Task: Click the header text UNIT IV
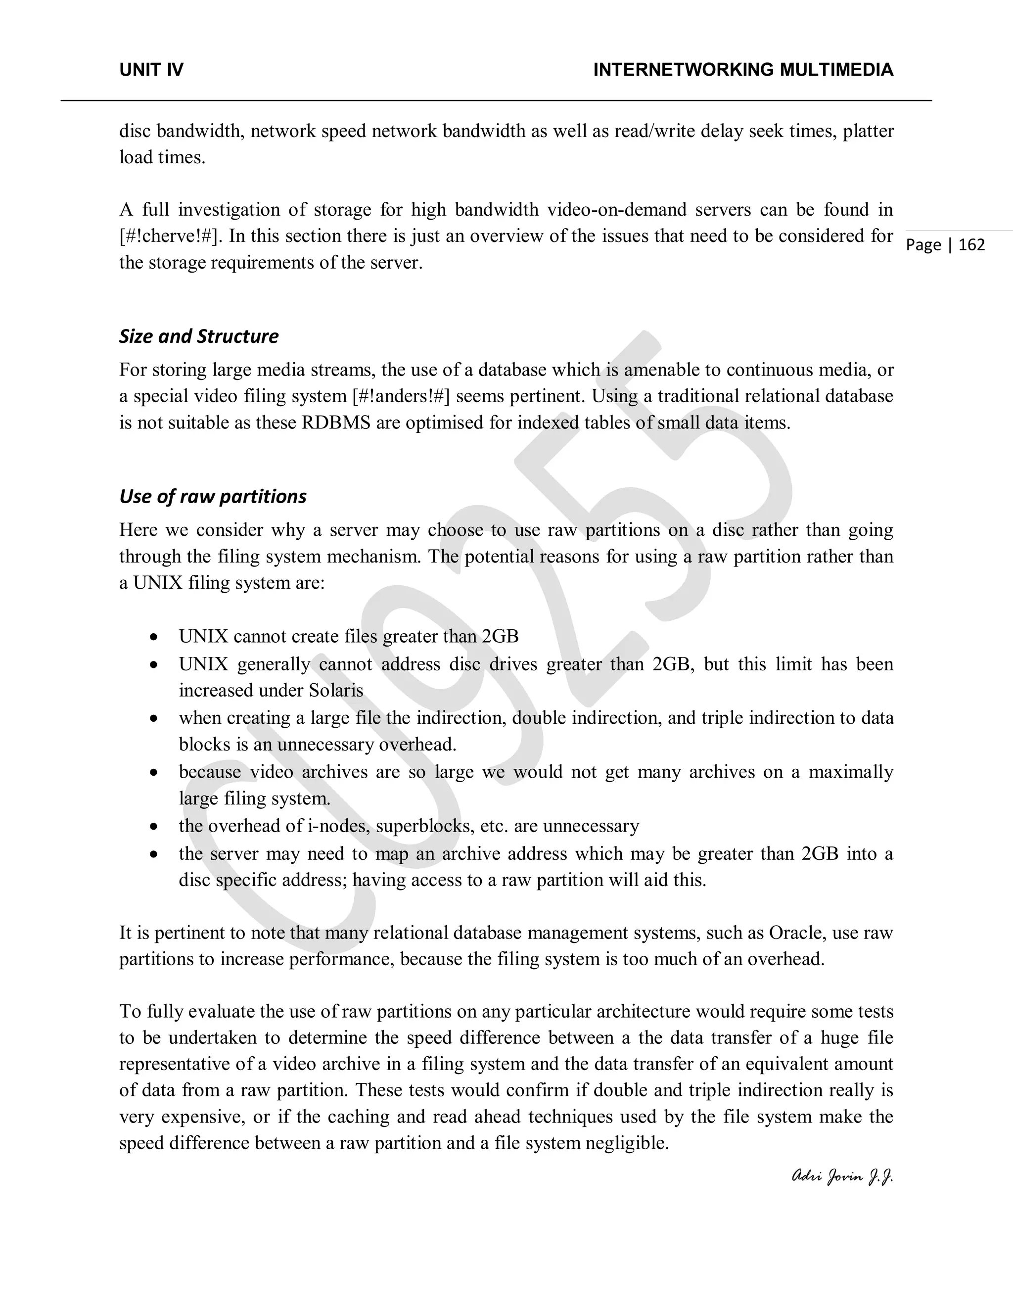151,70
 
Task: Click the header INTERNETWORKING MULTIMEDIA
743,70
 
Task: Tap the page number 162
971,245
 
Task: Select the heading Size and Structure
199,336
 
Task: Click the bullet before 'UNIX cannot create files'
154,637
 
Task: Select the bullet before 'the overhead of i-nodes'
154,827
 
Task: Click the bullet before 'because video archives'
154,773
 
